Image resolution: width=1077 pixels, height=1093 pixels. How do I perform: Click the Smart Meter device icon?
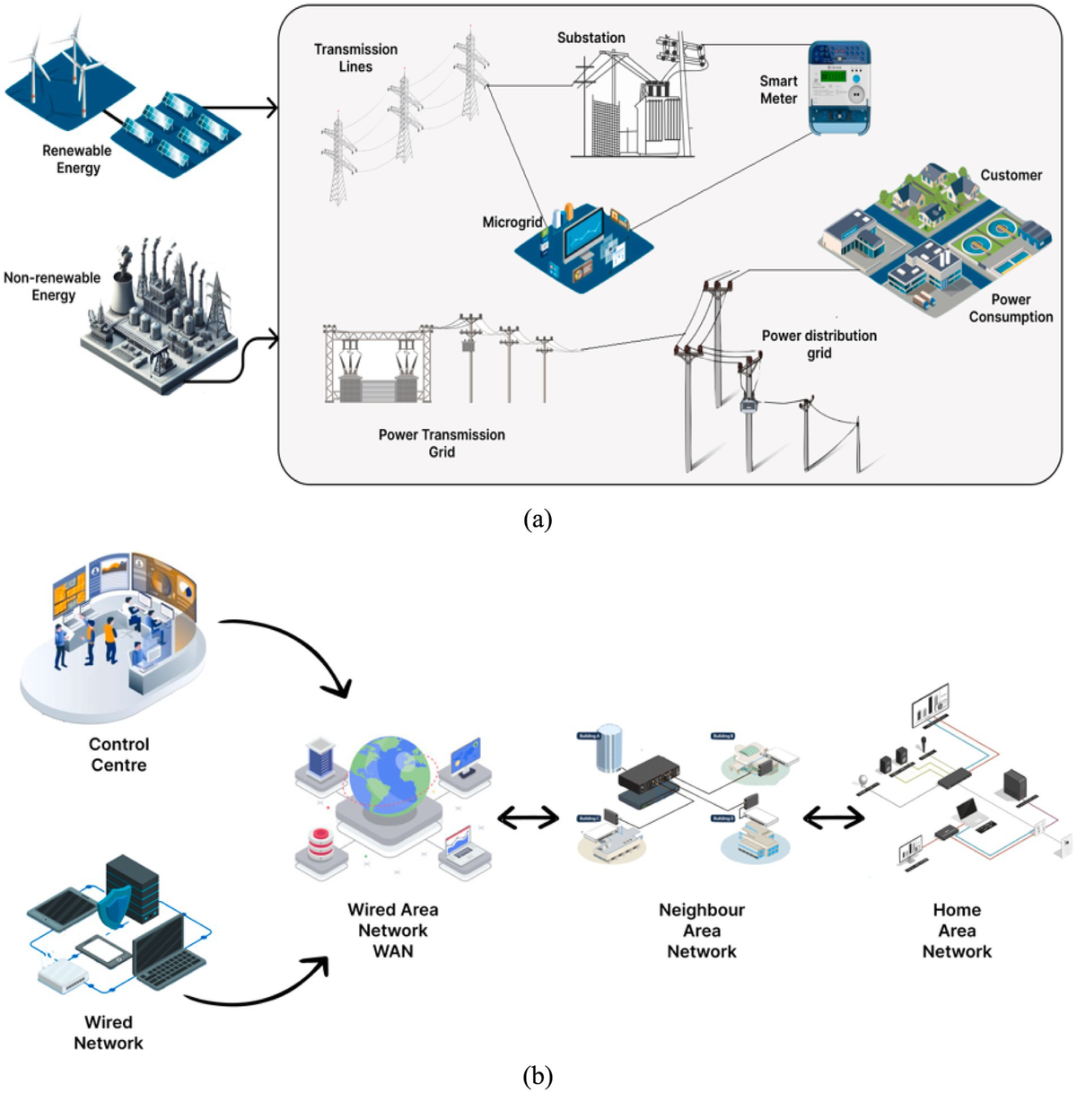tap(839, 87)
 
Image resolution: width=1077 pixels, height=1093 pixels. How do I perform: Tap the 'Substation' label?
tap(591, 38)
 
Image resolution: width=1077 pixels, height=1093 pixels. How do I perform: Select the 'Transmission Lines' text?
tap(355, 57)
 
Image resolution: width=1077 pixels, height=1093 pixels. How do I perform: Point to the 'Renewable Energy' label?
tap(77, 159)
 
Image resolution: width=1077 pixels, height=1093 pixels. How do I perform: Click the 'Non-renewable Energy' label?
tap(52, 286)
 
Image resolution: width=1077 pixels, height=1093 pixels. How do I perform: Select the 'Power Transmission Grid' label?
tap(442, 442)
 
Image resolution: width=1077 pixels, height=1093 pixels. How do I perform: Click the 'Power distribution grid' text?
tap(819, 344)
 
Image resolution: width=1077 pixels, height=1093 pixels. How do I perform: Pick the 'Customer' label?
tap(1011, 175)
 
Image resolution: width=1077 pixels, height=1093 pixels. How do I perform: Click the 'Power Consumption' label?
tap(1011, 308)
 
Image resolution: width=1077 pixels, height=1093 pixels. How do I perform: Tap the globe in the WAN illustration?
tap(391, 776)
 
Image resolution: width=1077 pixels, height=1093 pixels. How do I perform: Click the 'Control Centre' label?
tap(118, 754)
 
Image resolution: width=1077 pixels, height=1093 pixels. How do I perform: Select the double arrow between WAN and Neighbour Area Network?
tap(528, 818)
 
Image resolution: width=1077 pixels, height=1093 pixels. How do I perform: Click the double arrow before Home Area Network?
tap(833, 818)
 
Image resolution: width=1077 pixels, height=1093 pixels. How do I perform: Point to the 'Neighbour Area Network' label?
tap(701, 931)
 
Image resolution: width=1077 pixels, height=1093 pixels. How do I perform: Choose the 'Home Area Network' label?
tap(957, 931)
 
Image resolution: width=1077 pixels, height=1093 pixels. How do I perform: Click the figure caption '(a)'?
tap(537, 519)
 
